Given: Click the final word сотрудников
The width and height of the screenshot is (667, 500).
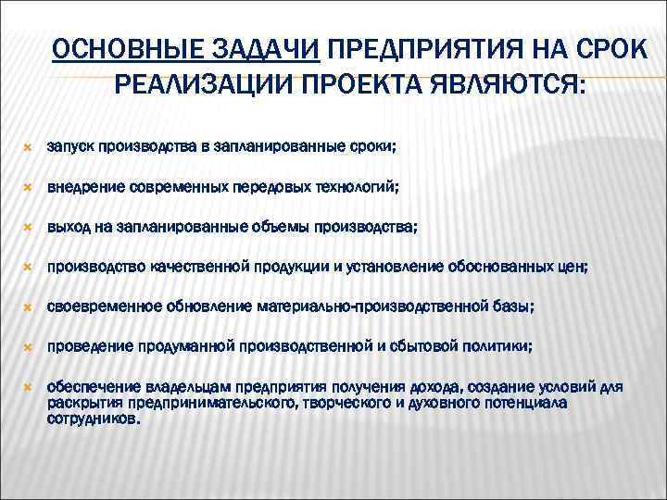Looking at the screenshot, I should point(93,419).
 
